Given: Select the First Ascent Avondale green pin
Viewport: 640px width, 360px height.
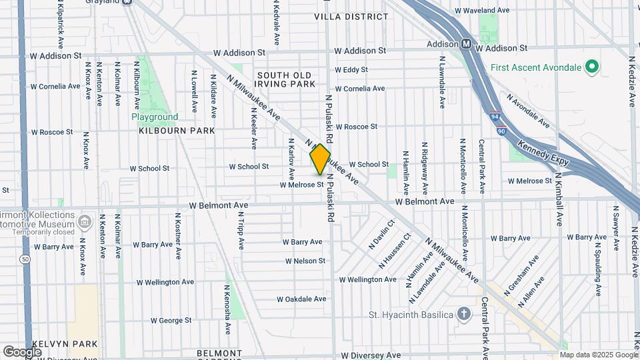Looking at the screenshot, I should coord(591,67).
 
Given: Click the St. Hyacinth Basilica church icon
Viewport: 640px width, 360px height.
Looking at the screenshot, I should coord(464,314).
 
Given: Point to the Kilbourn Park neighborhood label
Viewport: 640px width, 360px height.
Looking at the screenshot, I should coord(177,131).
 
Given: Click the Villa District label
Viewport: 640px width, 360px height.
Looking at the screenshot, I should coord(351,16).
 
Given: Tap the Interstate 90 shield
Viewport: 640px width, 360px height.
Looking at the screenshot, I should coord(501,131).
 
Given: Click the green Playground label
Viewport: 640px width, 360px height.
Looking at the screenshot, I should coord(155,117).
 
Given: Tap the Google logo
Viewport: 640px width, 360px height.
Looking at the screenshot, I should coord(22,351).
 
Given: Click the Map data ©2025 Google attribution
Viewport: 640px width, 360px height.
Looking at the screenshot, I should coord(598,355).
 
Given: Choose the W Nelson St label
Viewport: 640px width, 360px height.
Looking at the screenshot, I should coord(305,261).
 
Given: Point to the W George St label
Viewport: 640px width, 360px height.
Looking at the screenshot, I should coord(171,321).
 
